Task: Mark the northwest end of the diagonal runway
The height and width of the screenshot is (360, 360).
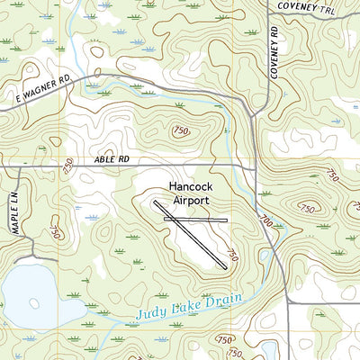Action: coord(156,202)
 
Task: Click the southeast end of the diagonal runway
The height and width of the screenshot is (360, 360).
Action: coord(224,267)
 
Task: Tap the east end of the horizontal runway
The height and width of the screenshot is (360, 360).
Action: coord(227,219)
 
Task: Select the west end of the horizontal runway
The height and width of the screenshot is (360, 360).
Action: coord(165,219)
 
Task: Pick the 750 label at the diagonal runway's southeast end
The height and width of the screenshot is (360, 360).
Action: coord(235,256)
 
